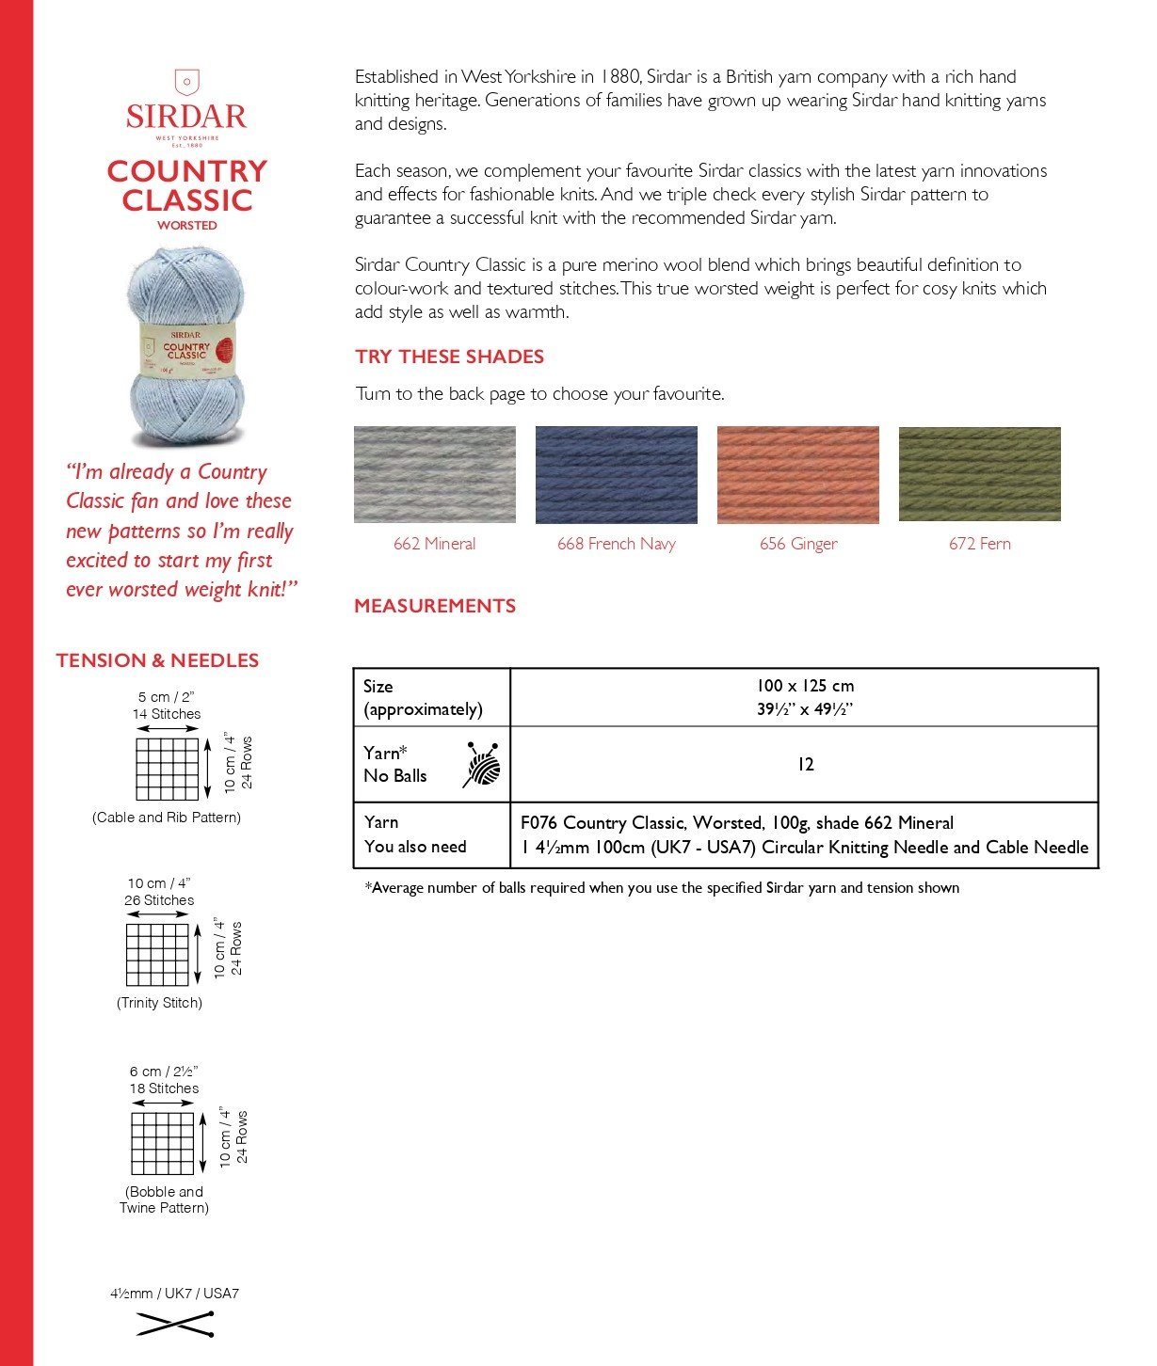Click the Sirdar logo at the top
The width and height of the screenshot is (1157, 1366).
coord(186,108)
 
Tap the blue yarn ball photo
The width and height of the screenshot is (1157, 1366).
coord(185,347)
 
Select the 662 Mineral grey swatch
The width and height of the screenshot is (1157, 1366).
coord(434,474)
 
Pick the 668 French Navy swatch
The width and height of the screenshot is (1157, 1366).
coord(616,474)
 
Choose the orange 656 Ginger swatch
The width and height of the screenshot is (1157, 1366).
coord(797,474)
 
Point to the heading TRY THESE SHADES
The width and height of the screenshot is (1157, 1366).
coord(449,357)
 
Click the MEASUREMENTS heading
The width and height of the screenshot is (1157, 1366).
coord(434,606)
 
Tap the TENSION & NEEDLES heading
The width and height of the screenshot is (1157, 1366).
coord(157,660)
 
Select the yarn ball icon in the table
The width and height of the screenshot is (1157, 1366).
coord(482,764)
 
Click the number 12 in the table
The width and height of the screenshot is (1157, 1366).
coord(805,764)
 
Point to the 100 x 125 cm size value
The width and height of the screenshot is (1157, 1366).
coord(805,686)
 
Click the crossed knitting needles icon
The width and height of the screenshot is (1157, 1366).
coord(175,1324)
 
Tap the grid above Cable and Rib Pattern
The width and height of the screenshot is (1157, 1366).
coord(167,769)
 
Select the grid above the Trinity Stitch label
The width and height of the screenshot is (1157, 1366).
coord(157,954)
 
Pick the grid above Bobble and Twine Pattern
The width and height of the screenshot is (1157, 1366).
coord(163,1143)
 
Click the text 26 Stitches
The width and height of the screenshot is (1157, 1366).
coord(159,900)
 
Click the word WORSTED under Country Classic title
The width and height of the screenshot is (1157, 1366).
coord(186,226)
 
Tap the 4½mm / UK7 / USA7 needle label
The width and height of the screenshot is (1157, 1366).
coord(174,1294)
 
